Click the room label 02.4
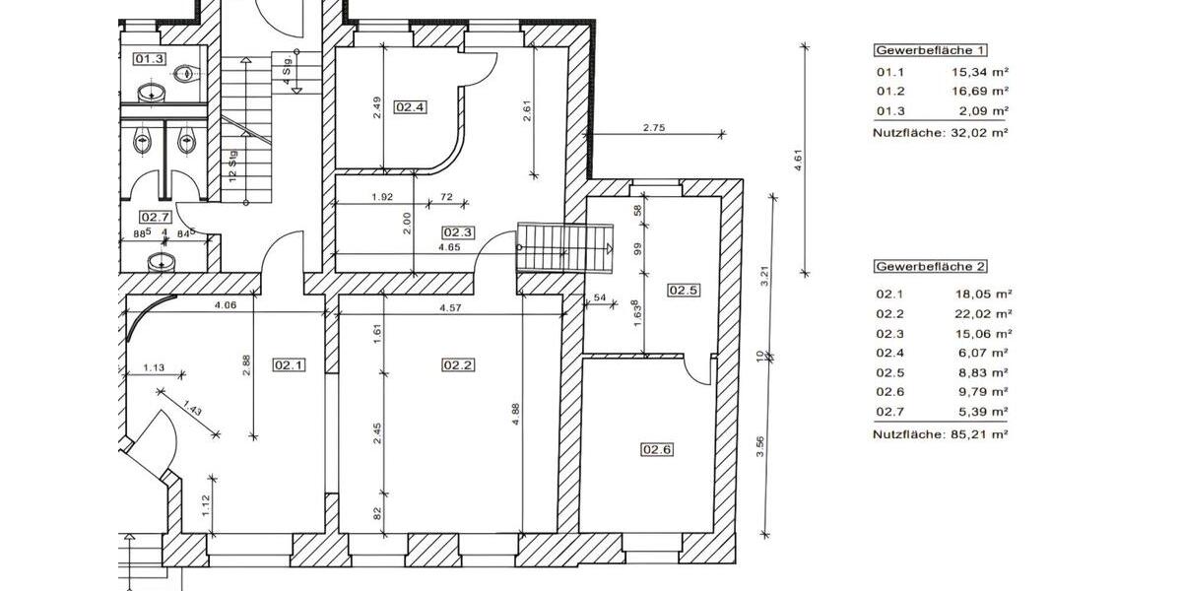click(411, 107)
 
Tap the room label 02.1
click(290, 364)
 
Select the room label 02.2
click(458, 364)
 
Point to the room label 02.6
click(657, 450)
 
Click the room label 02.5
click(683, 291)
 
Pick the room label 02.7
click(156, 217)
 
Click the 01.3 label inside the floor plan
click(149, 59)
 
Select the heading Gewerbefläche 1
click(930, 50)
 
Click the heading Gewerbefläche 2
click(930, 267)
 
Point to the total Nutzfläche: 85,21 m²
click(941, 433)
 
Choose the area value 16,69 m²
click(980, 92)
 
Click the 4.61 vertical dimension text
click(799, 161)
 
